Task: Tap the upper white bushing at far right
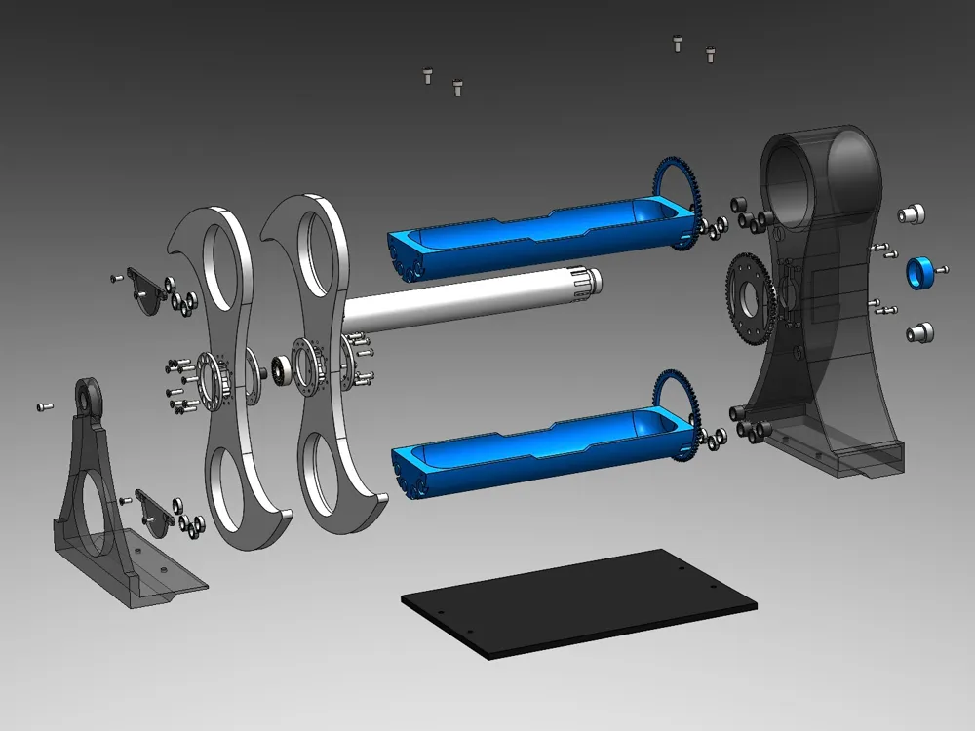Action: click(913, 213)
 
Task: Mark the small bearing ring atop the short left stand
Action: click(89, 394)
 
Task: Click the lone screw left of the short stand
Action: click(43, 405)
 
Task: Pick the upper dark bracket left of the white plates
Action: click(147, 291)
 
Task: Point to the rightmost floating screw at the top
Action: click(710, 55)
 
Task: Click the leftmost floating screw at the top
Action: click(426, 76)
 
